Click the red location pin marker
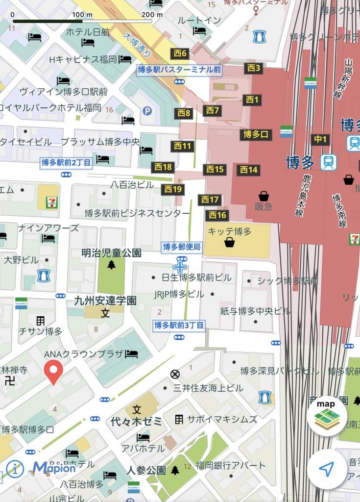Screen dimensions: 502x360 [x=53, y=372]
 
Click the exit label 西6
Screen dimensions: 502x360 [x=180, y=53]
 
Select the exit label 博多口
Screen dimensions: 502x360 [x=256, y=134]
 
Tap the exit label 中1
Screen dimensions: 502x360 [x=320, y=140]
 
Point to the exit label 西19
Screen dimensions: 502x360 [x=173, y=189]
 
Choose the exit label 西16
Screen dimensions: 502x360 [x=217, y=215]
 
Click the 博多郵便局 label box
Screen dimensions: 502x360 [x=182, y=247]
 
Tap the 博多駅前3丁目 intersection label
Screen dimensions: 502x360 [x=179, y=325]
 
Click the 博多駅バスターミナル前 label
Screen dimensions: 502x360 [x=179, y=70]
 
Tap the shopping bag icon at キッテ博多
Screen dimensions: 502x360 [x=229, y=242]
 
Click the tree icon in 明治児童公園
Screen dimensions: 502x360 [x=112, y=265]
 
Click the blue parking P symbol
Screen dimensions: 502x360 [x=147, y=111]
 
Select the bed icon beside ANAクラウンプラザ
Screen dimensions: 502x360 [x=131, y=354]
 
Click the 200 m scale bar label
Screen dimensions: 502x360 [x=152, y=14]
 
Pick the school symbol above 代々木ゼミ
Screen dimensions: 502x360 [x=137, y=409]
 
